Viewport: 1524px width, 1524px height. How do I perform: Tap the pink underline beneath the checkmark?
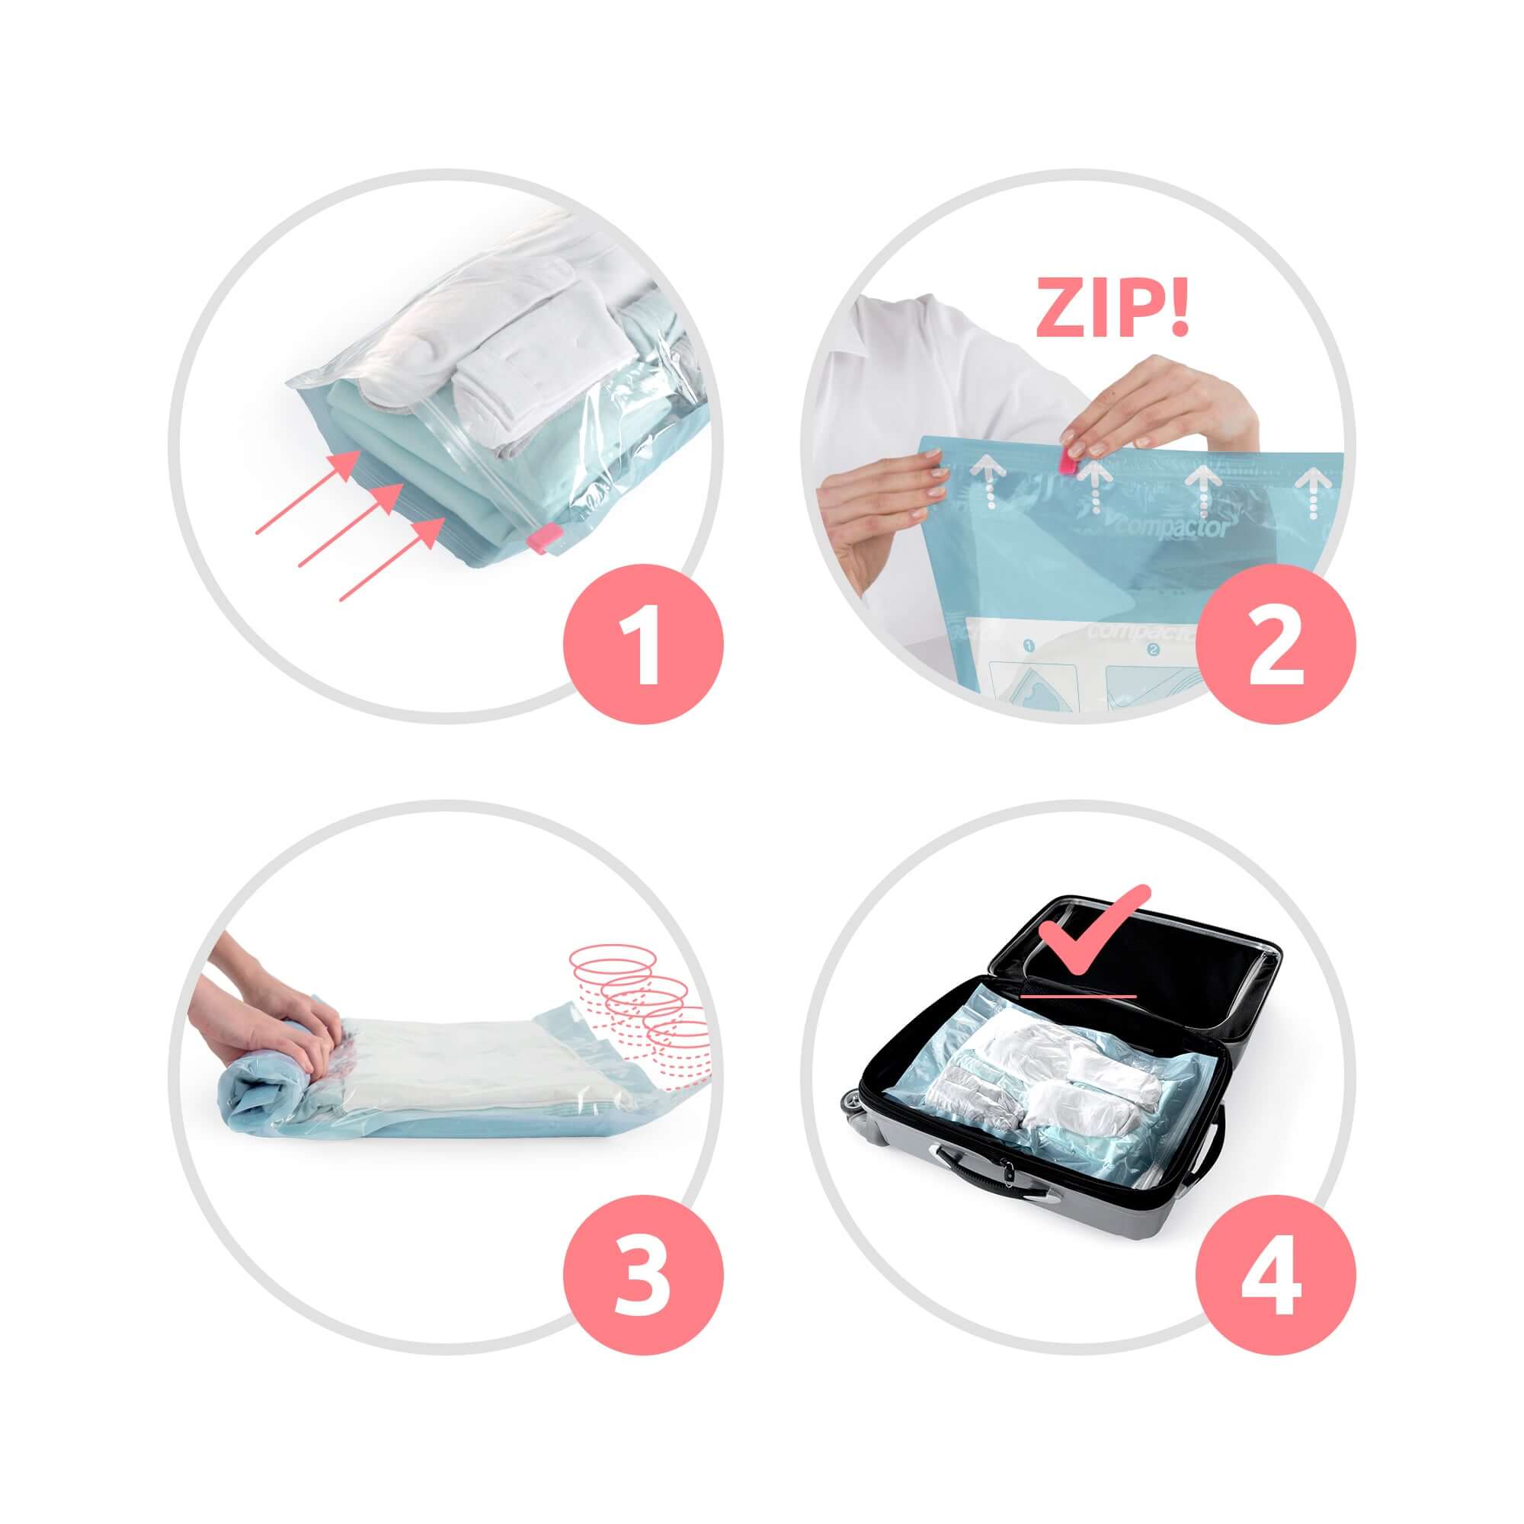pyautogui.click(x=1077, y=996)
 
